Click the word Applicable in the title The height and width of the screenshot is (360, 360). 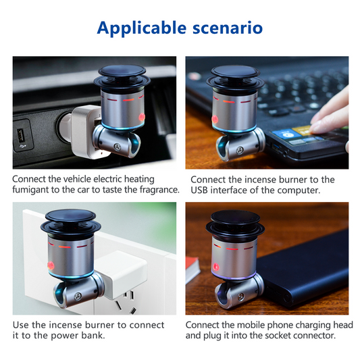pos(142,28)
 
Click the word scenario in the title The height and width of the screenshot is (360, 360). pos(228,28)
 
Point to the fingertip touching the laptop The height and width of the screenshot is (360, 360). pos(315,126)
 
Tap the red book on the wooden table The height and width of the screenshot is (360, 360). pos(192,269)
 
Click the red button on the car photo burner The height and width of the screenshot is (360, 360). pos(142,117)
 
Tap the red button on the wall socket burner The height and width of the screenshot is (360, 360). pos(51,265)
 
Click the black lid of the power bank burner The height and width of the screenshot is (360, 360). pos(234,223)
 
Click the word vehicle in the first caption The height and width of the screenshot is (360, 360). pos(77,179)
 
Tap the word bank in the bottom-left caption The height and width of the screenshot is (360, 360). pos(94,336)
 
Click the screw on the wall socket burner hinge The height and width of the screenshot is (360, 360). pos(78,297)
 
